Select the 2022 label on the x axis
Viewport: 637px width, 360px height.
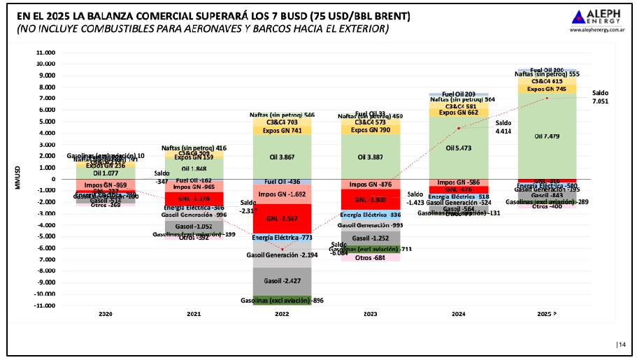point(282,315)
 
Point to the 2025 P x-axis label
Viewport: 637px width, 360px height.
point(548,315)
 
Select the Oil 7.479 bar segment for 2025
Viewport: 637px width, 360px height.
point(548,136)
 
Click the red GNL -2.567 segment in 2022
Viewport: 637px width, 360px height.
point(282,219)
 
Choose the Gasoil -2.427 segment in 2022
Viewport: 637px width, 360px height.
point(282,281)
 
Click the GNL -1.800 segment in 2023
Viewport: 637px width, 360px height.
point(371,199)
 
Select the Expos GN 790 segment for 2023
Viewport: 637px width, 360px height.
point(371,129)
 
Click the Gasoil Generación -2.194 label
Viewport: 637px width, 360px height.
point(282,255)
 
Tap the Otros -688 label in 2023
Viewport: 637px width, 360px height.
point(371,258)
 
